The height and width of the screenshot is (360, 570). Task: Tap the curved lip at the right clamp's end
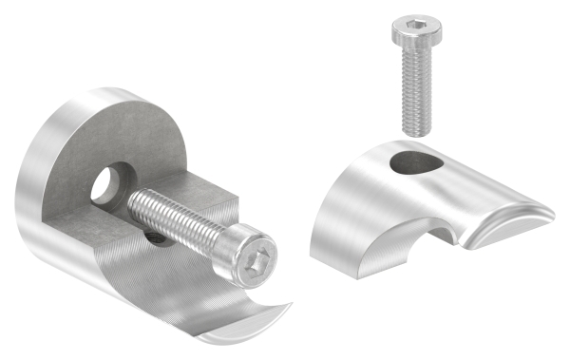[517, 216]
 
